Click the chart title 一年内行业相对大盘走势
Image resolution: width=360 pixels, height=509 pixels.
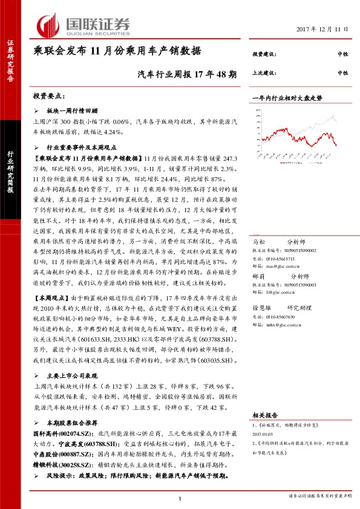[x=287, y=97]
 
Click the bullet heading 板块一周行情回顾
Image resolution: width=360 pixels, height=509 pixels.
[x=72, y=111]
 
